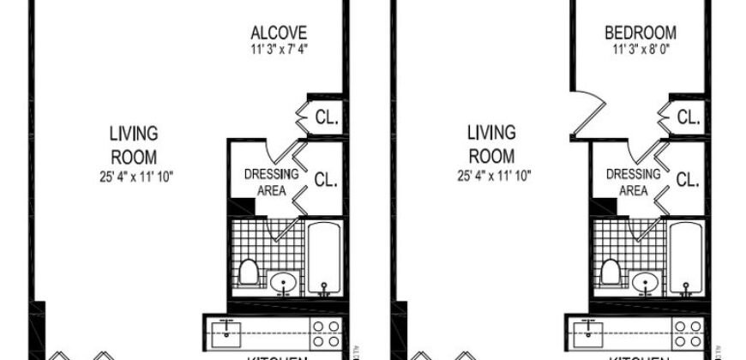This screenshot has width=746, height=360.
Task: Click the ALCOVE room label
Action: tap(279, 33)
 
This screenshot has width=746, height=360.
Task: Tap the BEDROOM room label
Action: tap(641, 33)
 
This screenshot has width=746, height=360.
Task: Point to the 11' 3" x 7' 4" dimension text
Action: tap(279, 49)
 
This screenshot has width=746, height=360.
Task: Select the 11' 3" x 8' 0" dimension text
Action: tap(641, 49)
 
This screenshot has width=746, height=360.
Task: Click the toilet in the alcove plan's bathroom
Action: tap(250, 273)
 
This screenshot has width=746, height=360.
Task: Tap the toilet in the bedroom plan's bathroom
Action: tap(611, 273)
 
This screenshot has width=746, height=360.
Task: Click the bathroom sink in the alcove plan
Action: tap(282, 282)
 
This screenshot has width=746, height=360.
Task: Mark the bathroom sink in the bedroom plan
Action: tap(645, 282)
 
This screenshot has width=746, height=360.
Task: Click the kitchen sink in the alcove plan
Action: tap(227, 328)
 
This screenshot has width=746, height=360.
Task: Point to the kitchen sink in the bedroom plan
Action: tap(589, 328)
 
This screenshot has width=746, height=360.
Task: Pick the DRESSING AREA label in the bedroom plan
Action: tap(633, 182)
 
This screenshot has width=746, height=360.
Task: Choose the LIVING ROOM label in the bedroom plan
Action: tap(491, 145)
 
